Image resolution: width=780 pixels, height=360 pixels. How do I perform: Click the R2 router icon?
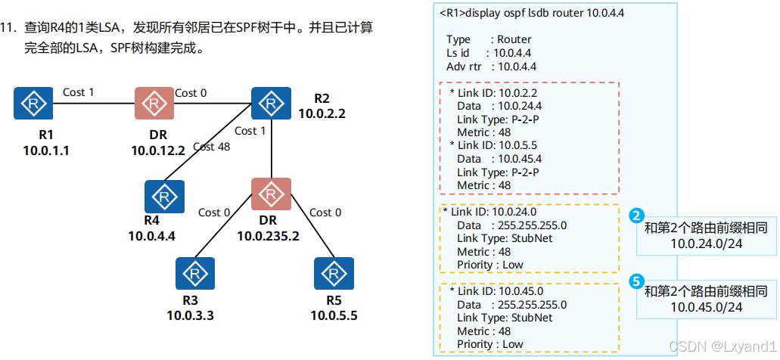click(270, 103)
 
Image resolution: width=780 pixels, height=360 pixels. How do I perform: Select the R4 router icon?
click(163, 197)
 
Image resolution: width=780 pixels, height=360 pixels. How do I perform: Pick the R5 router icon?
click(334, 273)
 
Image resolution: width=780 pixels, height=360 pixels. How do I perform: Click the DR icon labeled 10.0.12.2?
click(154, 103)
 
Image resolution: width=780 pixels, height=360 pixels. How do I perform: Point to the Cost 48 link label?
click(211, 147)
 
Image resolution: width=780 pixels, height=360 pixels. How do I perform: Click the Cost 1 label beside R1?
click(79, 92)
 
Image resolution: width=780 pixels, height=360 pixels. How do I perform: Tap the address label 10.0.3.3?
click(190, 314)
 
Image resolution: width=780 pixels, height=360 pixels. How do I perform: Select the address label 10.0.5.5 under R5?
click(334, 314)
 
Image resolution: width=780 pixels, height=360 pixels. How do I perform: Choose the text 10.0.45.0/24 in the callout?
click(706, 307)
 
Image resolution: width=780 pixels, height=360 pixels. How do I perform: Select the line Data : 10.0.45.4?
click(499, 159)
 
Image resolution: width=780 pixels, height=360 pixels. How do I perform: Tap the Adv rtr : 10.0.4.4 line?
click(492, 67)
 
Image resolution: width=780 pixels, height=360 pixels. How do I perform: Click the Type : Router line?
click(489, 39)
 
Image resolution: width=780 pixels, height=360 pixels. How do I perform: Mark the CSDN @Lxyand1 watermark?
click(723, 346)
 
